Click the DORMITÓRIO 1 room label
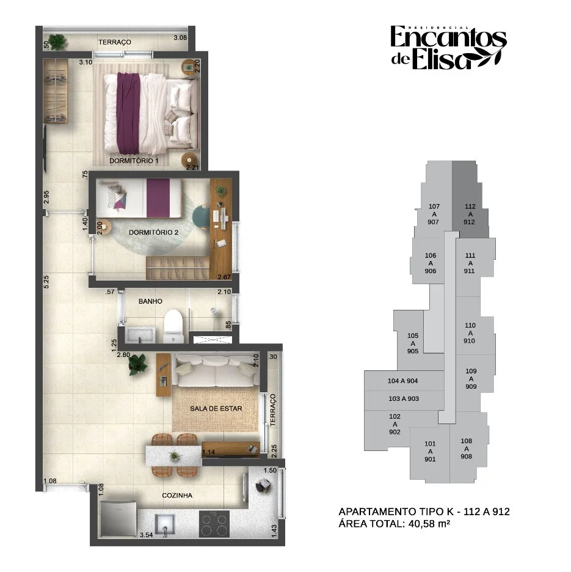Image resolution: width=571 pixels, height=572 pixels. click(134, 161)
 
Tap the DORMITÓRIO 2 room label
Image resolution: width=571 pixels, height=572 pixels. click(153, 232)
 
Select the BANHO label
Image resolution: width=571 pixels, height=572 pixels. click(150, 301)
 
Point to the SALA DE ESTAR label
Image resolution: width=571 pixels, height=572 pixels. click(216, 409)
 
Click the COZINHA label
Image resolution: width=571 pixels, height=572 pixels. click(177, 496)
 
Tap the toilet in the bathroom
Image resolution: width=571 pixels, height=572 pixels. click(173, 326)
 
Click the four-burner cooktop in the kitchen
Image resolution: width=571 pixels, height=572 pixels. click(214, 524)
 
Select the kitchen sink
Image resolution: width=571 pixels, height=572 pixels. click(165, 524)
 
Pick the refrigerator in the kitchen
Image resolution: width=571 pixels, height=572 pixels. click(118, 519)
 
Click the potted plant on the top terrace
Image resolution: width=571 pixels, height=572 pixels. click(57, 42)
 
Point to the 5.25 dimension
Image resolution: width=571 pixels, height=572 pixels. click(46, 282)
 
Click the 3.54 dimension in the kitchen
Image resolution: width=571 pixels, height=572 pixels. click(146, 535)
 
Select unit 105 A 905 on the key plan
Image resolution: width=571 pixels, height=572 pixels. click(413, 343)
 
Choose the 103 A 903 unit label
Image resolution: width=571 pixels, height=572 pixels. click(404, 398)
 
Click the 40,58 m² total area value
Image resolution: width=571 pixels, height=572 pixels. click(429, 524)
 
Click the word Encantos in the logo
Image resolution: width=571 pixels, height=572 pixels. click(448, 37)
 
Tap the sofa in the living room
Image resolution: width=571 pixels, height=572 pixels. click(216, 370)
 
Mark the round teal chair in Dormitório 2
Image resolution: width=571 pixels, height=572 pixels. click(200, 216)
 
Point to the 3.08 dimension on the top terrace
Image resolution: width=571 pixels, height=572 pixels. click(180, 37)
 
